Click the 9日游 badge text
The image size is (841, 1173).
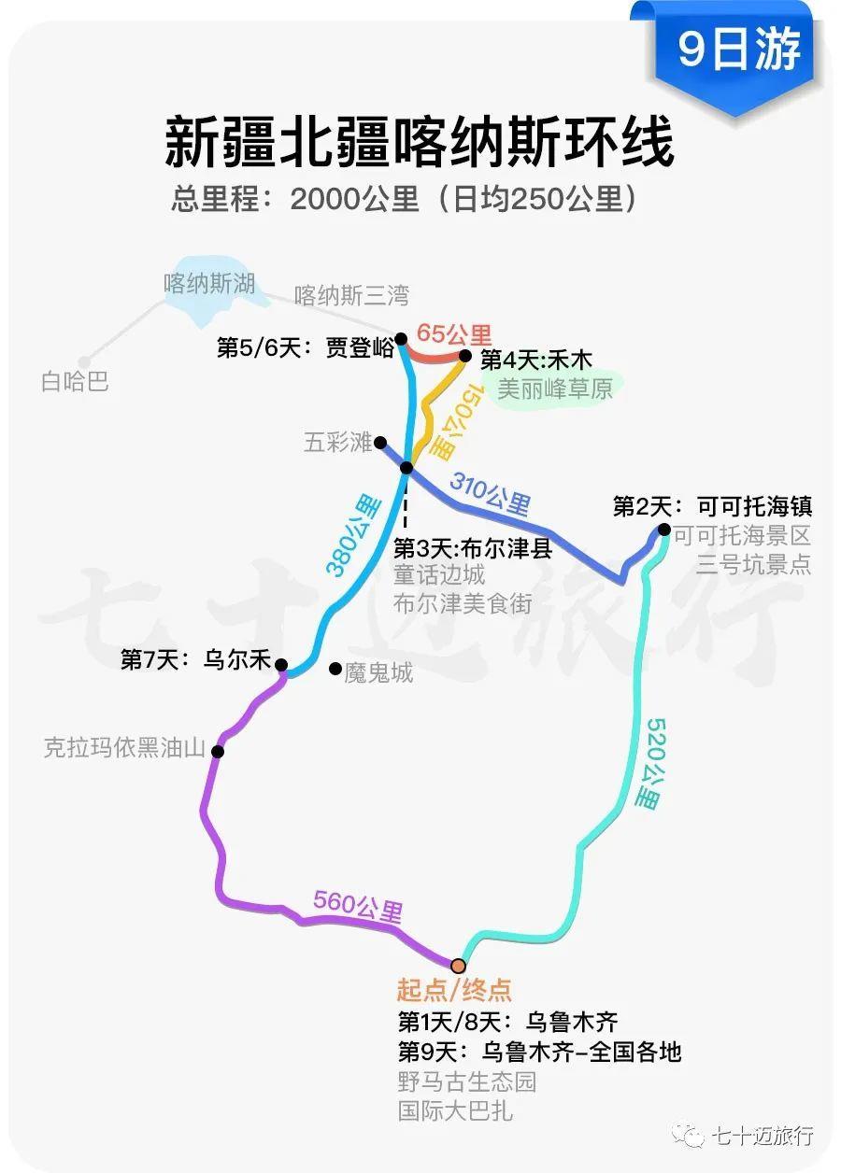pos(739,49)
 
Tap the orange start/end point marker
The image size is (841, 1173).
pos(458,965)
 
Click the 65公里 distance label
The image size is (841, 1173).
pos(454,334)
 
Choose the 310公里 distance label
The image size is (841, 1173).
pos(490,493)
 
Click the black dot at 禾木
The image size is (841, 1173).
pos(464,356)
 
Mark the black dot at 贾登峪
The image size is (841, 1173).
pos(401,339)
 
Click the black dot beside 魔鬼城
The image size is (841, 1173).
pos(335,668)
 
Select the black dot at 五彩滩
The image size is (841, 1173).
pos(380,443)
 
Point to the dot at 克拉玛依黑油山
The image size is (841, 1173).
pos(218,752)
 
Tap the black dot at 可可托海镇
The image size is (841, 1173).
pos(663,530)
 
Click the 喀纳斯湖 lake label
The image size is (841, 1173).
pos(209,283)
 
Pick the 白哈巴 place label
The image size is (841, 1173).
pos(75,381)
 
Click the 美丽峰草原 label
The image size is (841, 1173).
pos(555,389)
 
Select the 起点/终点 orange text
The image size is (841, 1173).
pos(454,989)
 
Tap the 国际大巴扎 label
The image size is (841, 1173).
pos(455,1110)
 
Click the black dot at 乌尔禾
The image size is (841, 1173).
pos(281,665)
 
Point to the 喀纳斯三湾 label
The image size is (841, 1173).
pos(351,296)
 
